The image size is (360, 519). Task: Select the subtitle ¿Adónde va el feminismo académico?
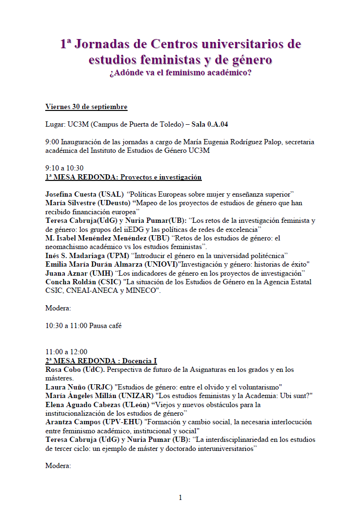coord(180,73)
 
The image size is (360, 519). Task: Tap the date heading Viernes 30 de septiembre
coord(86,106)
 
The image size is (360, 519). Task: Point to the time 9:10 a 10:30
coord(64,168)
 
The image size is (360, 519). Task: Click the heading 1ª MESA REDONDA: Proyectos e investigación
coord(123,177)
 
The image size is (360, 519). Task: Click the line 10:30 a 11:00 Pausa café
coord(83,326)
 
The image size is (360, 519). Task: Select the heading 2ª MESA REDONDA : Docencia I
coord(101,361)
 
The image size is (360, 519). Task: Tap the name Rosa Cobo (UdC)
coord(74,369)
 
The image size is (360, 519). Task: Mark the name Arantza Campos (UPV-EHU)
coord(90,422)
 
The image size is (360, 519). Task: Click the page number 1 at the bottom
coord(180,498)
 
